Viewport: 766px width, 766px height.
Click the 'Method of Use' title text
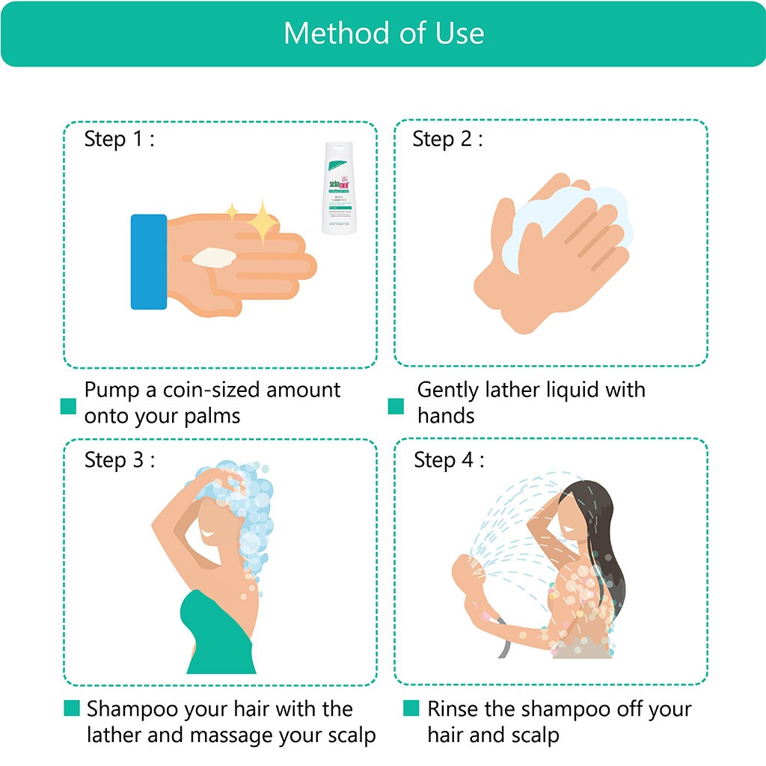pos(383,34)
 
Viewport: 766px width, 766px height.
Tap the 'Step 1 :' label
pos(119,139)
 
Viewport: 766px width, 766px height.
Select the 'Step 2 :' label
pos(447,139)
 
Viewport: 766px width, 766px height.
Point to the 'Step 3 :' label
pos(119,459)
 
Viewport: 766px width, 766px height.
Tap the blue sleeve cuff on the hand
pos(148,262)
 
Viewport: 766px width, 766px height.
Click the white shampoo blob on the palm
pos(214,258)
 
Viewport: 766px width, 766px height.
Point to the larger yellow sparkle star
pos(263,223)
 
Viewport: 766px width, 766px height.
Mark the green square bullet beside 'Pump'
pos(69,406)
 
